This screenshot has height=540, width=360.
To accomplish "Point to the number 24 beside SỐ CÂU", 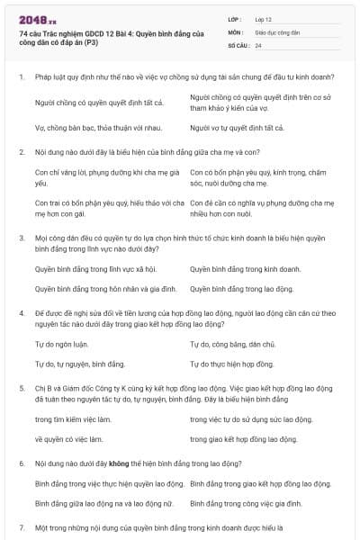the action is (258, 45).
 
